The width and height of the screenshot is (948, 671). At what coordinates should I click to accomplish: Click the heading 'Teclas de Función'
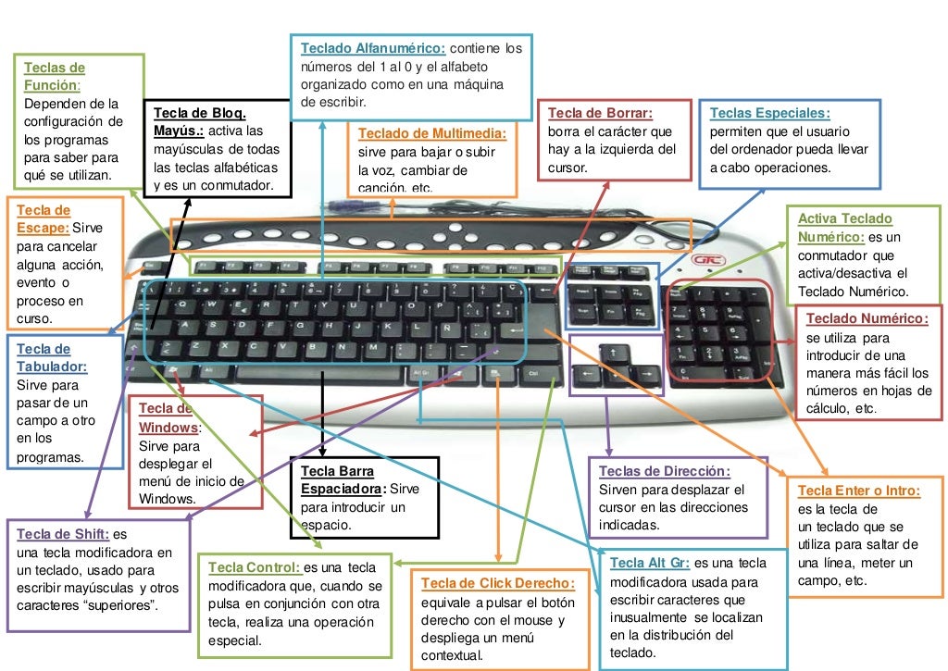tap(54, 77)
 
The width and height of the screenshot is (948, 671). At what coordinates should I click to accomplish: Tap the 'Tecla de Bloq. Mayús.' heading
tap(200, 121)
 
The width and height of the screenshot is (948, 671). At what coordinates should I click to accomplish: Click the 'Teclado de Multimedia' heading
tap(431, 133)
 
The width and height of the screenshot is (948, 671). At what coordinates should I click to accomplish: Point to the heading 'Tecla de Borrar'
tap(600, 114)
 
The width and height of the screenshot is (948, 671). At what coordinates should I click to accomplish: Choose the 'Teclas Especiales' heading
tap(769, 114)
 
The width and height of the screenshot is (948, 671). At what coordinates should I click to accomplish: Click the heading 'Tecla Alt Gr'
tap(651, 564)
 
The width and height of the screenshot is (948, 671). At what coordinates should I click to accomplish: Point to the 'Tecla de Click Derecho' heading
tap(497, 583)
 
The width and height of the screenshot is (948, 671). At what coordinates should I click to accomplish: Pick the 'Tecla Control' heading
tap(255, 567)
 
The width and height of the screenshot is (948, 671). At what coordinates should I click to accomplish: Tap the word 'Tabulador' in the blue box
tap(52, 367)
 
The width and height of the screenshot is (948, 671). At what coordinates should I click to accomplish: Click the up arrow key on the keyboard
tap(612, 352)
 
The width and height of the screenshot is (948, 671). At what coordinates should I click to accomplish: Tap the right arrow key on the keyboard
tap(646, 375)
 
